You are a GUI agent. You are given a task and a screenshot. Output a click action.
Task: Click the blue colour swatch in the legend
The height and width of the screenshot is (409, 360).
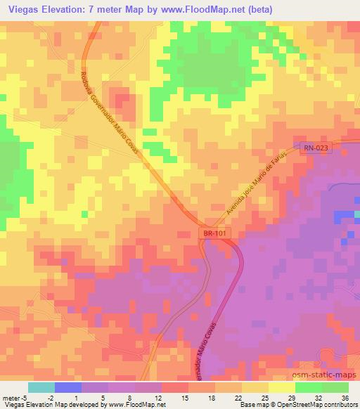pos(67,387)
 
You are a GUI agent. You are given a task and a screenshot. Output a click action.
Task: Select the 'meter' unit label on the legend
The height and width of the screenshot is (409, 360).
pos(12,398)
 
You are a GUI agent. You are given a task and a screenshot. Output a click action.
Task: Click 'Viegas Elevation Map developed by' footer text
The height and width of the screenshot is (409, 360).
pos(53,405)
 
